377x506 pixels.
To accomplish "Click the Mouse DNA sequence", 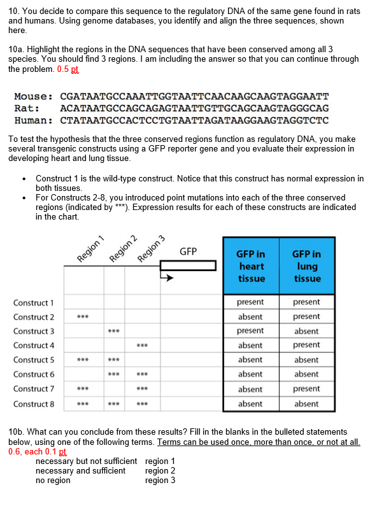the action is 194,97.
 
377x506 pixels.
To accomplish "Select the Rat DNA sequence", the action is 194,108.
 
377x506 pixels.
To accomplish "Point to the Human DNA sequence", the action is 194,120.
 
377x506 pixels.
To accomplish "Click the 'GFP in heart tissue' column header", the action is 250,266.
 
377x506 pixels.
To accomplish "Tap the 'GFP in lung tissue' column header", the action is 306,266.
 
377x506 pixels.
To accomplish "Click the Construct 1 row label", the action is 34,302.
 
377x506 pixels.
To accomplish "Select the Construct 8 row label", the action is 34,404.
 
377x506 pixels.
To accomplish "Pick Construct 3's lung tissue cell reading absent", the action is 306,331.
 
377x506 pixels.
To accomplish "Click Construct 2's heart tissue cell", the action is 250,316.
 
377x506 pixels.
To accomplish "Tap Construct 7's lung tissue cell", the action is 306,389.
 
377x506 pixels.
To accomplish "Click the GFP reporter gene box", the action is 188,266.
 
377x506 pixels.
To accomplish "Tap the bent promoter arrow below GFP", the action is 167,277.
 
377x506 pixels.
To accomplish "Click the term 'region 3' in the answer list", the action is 160,480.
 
